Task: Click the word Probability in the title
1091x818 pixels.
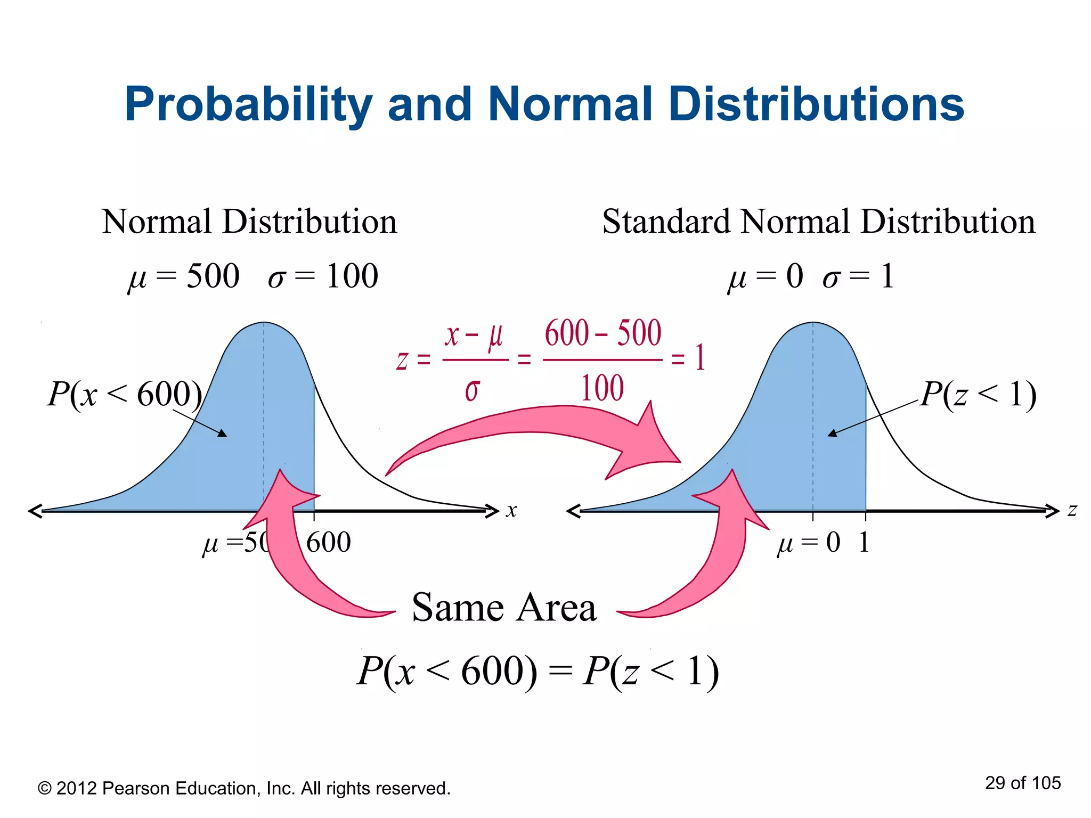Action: pos(248,105)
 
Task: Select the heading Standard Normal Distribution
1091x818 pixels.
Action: pos(818,222)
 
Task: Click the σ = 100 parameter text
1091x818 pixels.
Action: pos(323,276)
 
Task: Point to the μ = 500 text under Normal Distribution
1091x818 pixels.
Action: pos(184,276)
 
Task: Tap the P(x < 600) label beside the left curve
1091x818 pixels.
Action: pos(125,394)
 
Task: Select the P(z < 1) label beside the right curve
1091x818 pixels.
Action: pos(978,395)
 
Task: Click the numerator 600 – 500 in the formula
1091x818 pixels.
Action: pos(603,333)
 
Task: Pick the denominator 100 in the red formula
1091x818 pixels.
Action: pos(602,388)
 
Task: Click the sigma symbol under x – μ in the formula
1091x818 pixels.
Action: pos(472,390)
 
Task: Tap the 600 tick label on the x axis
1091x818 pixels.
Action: pos(328,543)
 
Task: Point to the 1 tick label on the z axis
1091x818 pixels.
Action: pos(864,543)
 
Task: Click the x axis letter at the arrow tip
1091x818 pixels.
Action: pos(511,510)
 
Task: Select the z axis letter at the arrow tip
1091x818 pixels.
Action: pos(1072,510)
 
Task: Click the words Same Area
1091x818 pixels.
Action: pos(504,607)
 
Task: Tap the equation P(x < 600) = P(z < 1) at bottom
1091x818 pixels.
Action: pos(538,671)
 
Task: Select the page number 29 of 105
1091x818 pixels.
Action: pos(1022,783)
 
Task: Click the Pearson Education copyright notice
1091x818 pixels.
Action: pos(244,788)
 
